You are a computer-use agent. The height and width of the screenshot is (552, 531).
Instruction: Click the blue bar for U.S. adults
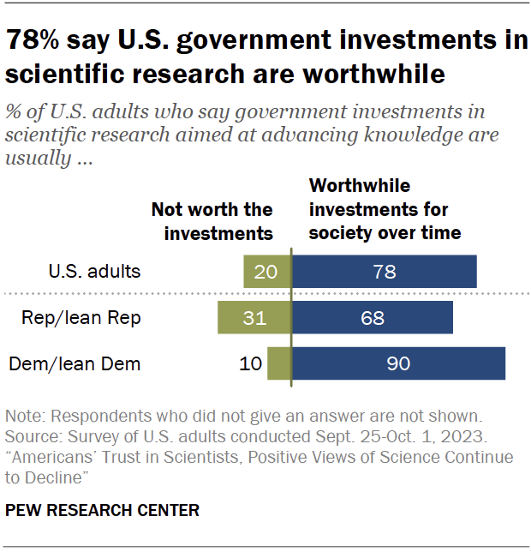[385, 272]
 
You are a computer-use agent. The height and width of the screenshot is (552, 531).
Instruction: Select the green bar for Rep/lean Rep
[254, 317]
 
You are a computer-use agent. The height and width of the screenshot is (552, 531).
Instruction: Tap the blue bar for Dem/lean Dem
[398, 363]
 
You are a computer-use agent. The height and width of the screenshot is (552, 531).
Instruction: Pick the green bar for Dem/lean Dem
[279, 363]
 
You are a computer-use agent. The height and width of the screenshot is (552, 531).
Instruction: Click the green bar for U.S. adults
[267, 272]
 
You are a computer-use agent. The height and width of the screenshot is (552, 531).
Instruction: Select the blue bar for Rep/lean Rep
[373, 317]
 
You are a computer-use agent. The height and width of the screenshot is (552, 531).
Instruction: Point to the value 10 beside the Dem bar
[250, 363]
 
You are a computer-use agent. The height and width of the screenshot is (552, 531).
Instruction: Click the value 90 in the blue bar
[398, 363]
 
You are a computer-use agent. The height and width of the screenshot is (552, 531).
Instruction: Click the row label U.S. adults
[93, 272]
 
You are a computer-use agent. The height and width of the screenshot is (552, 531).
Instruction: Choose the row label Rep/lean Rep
[81, 317]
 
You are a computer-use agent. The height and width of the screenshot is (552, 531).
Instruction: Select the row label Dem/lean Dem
[75, 363]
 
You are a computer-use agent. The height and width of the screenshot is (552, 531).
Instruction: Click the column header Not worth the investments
[212, 221]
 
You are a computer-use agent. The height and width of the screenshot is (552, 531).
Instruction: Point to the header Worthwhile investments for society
[385, 209]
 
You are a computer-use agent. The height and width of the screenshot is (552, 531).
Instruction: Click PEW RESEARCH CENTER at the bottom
[102, 510]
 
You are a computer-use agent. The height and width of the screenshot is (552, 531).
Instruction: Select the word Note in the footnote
[25, 417]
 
